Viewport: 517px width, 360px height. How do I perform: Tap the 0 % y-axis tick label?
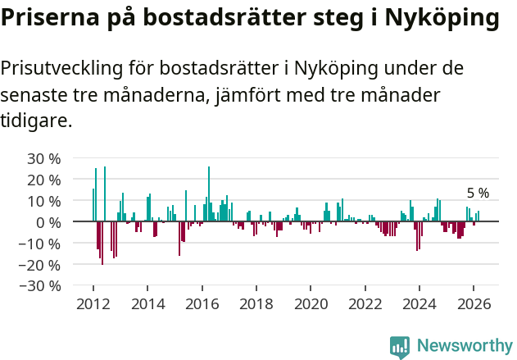[x=47, y=222]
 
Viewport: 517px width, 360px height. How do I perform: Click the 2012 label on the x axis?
[x=93, y=303]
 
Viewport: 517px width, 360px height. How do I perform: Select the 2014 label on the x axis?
[x=147, y=303]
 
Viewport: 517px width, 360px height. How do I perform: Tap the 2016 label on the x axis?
[x=202, y=303]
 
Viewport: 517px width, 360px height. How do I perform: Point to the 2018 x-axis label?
[x=256, y=303]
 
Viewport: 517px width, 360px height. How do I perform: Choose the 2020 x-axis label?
[x=311, y=303]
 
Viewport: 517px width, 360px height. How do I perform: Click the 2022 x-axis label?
[x=365, y=303]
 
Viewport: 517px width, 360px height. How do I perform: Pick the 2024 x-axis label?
[x=419, y=303]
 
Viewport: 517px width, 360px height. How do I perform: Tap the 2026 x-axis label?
[x=473, y=303]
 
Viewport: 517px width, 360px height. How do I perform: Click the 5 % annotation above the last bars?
[x=478, y=194]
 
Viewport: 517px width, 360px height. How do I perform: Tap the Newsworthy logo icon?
[x=400, y=346]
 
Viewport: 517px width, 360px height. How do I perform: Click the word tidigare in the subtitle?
[x=35, y=121]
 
